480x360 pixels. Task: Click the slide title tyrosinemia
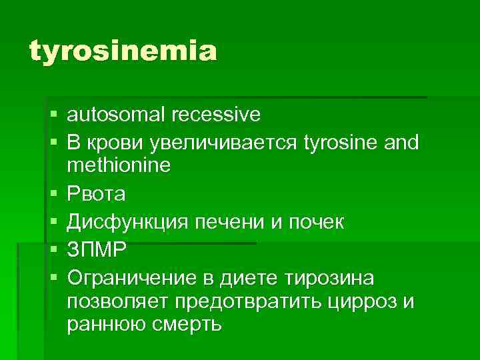123,51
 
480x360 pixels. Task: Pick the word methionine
119,165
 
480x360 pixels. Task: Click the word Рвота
96,194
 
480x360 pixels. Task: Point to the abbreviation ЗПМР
97,249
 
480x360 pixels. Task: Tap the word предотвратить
251,301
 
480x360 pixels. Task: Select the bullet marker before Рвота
53,195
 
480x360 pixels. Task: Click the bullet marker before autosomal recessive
53,116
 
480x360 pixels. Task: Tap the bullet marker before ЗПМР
53,249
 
